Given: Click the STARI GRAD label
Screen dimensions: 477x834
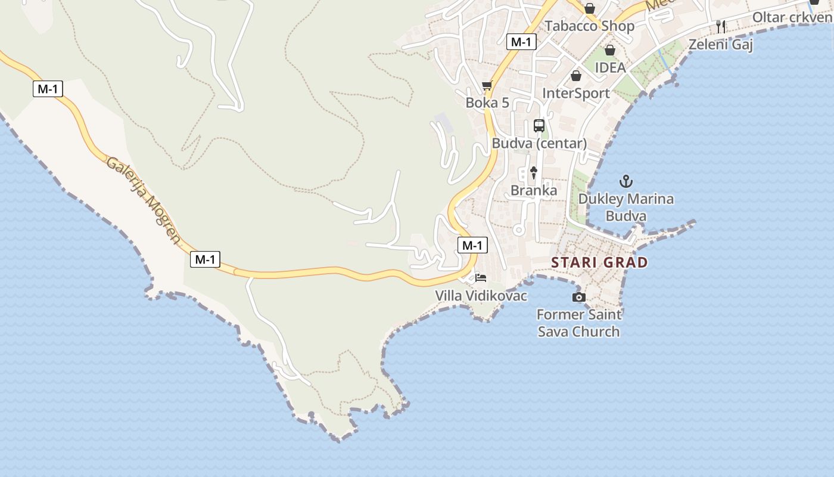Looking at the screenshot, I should point(599,262).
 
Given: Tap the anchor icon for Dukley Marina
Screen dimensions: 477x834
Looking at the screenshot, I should point(625,181).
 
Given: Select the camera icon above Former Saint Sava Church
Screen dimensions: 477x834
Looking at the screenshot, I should point(578,297).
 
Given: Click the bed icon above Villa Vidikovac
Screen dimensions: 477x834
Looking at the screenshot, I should point(481,278).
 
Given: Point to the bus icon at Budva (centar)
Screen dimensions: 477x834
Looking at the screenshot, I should point(539,126).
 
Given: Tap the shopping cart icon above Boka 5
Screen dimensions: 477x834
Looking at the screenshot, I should point(487,86).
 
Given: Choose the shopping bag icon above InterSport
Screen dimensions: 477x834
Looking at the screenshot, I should point(575,76).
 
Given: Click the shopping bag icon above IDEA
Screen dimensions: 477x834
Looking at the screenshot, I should point(609,50).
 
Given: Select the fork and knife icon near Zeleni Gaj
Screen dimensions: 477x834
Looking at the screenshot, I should point(721,26).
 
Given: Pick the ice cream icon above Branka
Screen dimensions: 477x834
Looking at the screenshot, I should point(534,173).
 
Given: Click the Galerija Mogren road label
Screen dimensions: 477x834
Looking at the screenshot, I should point(143,200).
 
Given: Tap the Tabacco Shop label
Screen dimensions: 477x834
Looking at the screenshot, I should point(589,26).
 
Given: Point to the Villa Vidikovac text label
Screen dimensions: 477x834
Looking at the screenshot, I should point(481,296).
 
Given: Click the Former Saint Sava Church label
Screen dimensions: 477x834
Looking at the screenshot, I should point(578,323).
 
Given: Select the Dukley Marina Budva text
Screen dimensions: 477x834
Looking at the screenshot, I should point(625,207).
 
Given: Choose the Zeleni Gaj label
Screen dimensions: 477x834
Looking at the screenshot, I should point(721,45).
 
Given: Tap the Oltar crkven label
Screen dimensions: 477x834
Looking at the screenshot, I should point(792,17).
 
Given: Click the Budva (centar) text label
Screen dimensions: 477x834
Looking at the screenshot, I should point(539,144).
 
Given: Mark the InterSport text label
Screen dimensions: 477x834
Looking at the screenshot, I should point(575,94).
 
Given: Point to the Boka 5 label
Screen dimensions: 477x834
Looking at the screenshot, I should point(487,103).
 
